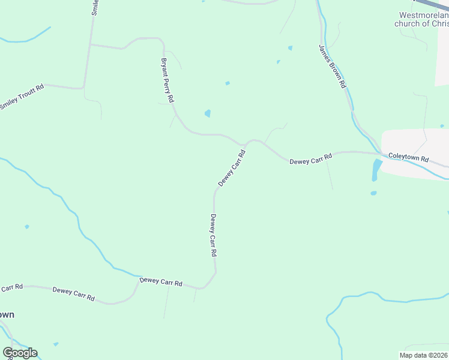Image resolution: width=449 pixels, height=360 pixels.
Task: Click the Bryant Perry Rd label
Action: point(167,80)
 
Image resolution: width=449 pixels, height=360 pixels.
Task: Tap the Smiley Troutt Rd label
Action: point(22,97)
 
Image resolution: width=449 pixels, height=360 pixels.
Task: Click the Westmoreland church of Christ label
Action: point(421,20)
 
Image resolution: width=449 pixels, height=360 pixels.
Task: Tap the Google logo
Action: point(20,352)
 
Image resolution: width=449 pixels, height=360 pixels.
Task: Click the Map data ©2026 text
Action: point(424,355)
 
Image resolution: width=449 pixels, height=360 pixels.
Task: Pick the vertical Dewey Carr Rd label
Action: point(213,235)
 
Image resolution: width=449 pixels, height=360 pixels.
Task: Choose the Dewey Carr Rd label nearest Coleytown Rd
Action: point(310,160)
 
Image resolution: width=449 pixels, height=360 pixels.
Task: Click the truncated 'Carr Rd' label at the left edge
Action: point(11,288)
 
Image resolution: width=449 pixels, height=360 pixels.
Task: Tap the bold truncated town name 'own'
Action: point(7,314)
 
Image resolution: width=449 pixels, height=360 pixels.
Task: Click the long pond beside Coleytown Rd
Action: point(376,169)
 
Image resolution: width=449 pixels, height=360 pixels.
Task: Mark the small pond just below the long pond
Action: point(373,193)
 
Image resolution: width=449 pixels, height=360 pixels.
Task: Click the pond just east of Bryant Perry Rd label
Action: point(208,113)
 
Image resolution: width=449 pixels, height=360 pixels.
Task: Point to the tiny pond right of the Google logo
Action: point(56,344)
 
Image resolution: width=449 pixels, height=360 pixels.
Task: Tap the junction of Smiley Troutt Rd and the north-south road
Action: point(84,88)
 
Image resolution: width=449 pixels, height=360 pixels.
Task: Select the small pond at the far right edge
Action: point(442,126)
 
